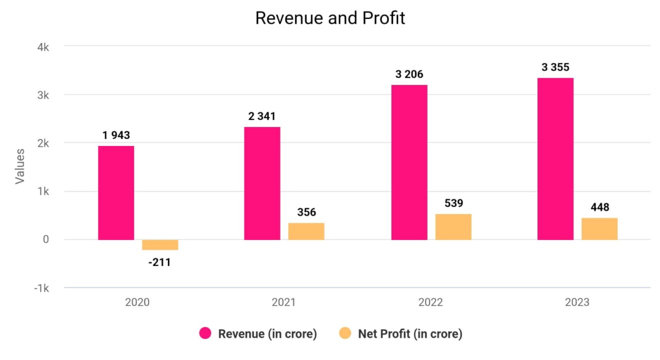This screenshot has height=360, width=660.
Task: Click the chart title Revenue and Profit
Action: tap(330, 18)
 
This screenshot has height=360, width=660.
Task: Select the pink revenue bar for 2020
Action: tap(116, 192)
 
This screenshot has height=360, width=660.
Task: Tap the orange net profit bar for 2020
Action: tap(160, 244)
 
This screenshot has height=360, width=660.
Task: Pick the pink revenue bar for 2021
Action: tap(262, 183)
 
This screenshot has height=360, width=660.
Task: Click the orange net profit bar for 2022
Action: tap(453, 226)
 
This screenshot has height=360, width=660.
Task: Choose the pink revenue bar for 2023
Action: tap(555, 158)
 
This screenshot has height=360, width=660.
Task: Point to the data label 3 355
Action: tap(555, 67)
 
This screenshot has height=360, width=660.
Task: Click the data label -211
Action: tap(159, 261)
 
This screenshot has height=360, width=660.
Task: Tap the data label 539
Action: tap(453, 203)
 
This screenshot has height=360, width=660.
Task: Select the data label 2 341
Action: tap(262, 116)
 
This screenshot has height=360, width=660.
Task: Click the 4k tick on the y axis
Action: tap(42, 47)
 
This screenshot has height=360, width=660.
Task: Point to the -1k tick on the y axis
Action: tap(41, 288)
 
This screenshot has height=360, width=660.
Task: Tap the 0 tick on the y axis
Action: tap(45, 240)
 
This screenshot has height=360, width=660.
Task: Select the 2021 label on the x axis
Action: tap(283, 302)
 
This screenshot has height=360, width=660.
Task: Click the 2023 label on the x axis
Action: tap(577, 302)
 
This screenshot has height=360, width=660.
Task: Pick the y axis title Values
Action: tap(19, 165)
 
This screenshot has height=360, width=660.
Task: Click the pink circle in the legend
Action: tap(205, 333)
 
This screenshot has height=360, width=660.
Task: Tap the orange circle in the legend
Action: tap(345, 333)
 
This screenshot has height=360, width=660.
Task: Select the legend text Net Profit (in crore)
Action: tap(410, 334)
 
